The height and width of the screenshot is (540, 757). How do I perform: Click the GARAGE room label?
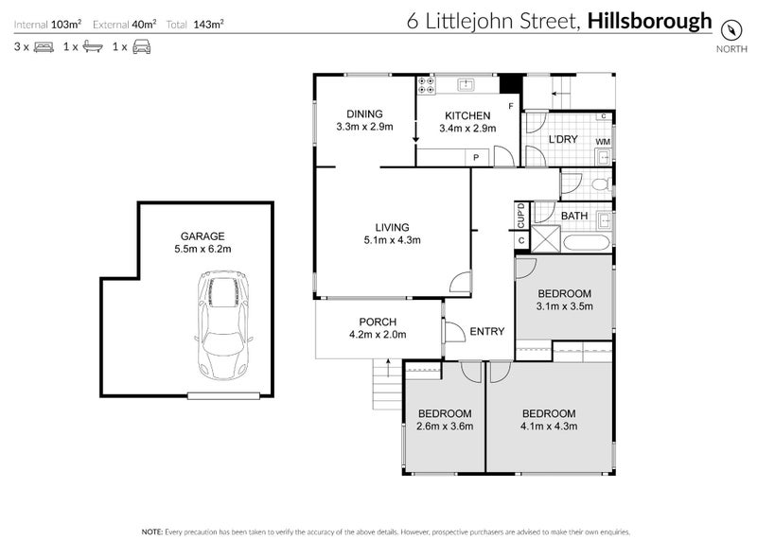pyautogui.click(x=202, y=236)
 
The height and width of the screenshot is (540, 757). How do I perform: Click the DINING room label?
pyautogui.click(x=363, y=113)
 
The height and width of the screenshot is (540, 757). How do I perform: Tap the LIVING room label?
pyautogui.click(x=392, y=227)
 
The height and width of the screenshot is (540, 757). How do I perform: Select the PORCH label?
pyautogui.click(x=377, y=322)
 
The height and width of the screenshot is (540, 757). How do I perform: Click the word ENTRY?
pyautogui.click(x=487, y=331)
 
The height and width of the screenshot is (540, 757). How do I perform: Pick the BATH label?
pyautogui.click(x=574, y=217)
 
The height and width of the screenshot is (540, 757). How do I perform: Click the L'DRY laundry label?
pyautogui.click(x=563, y=140)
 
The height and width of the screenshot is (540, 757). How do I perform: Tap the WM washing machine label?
pyautogui.click(x=602, y=142)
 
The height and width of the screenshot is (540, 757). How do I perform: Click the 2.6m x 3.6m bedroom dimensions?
pyautogui.click(x=445, y=427)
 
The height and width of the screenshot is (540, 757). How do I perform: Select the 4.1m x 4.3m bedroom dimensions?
pyautogui.click(x=549, y=427)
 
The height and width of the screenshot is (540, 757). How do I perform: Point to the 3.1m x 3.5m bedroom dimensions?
pyautogui.click(x=564, y=305)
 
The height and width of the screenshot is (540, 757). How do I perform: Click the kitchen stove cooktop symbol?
pyautogui.click(x=426, y=85)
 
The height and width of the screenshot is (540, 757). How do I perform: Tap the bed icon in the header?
pyautogui.click(x=44, y=46)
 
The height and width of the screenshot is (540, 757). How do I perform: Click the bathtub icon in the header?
pyautogui.click(x=92, y=46)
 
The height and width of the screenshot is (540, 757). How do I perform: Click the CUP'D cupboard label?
pyautogui.click(x=521, y=217)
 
